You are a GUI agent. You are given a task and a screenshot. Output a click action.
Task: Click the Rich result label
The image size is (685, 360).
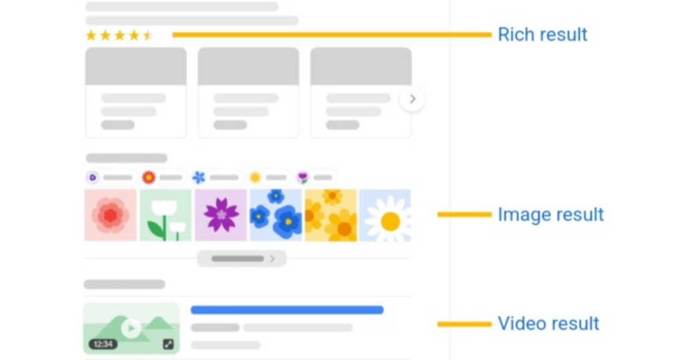(x=543, y=35)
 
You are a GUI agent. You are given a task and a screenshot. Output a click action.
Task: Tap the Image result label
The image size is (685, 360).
(x=551, y=215)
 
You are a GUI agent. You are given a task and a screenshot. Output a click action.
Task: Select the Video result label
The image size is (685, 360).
(x=549, y=324)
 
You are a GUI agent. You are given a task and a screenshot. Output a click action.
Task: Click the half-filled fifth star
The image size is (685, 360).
(x=148, y=35)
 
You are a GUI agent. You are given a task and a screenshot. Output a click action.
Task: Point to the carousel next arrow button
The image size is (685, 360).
(x=412, y=100)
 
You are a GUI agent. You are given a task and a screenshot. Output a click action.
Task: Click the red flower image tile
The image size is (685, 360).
(x=110, y=215)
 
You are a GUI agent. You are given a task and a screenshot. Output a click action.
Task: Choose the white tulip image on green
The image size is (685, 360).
(x=165, y=215)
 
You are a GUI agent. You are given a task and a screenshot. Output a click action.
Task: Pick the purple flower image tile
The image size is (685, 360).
(x=220, y=215)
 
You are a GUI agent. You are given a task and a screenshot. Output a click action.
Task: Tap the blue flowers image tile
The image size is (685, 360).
(x=275, y=215)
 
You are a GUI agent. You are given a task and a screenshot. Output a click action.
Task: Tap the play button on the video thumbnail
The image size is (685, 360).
(x=131, y=327)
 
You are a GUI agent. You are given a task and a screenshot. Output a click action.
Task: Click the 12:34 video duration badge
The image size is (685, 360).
(x=102, y=344)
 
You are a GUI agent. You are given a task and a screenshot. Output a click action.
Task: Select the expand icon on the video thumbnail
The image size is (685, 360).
(x=169, y=344)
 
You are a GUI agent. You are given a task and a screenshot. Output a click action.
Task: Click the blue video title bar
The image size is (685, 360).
(x=287, y=310)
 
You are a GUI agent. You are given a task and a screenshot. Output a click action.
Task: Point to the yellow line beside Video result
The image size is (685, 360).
(x=464, y=324)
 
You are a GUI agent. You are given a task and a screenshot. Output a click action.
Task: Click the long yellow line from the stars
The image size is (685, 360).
(x=331, y=35)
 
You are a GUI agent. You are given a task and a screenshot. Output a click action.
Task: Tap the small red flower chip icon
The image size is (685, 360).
(x=149, y=177)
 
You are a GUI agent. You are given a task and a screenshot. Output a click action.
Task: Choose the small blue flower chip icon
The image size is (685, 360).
(x=199, y=177)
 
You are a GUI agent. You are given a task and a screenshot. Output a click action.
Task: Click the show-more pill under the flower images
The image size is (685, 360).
(x=241, y=258)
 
